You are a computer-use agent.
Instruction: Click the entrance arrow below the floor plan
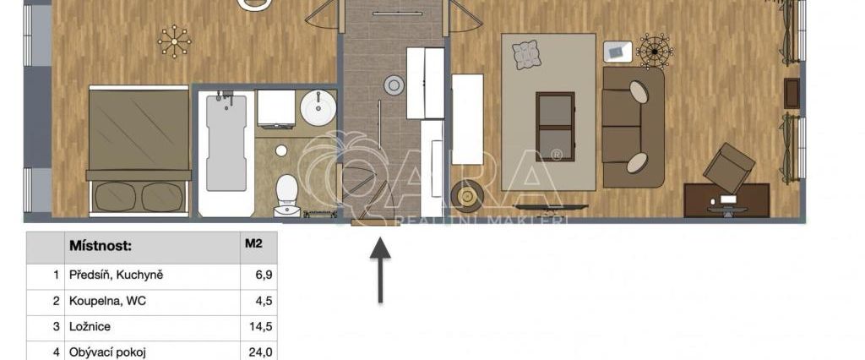[380, 270]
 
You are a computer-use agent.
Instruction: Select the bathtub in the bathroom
[226, 154]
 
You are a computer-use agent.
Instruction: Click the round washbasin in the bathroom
[318, 107]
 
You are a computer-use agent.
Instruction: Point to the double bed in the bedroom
[139, 150]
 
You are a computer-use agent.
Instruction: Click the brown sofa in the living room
[634, 128]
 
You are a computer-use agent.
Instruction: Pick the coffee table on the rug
[555, 127]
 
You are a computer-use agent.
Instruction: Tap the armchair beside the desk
[729, 168]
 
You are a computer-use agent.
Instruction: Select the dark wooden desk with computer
[726, 200]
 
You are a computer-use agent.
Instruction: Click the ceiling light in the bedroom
[174, 41]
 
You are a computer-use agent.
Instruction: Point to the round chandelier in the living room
[655, 52]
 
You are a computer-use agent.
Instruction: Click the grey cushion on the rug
[526, 55]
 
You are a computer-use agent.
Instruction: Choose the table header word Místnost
[101, 246]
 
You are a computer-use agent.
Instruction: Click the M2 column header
[253, 243]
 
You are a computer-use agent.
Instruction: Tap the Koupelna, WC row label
[107, 301]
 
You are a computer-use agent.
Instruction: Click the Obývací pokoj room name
[107, 352]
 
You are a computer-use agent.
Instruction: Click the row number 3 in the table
[56, 326]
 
